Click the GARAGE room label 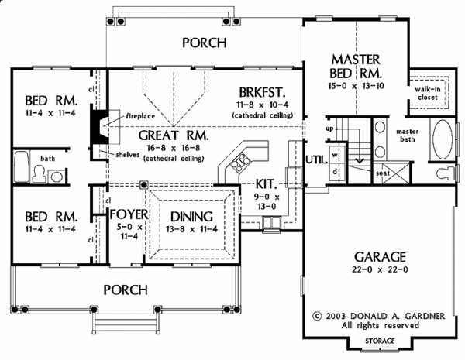(380, 257)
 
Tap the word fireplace (140, 116)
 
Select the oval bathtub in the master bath (443, 139)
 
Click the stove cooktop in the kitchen (240, 163)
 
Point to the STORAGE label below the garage (380, 341)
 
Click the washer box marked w (336, 154)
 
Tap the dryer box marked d (336, 171)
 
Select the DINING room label (191, 217)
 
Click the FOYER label (129, 214)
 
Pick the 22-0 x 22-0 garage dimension (380, 269)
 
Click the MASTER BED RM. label (355, 67)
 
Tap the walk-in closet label (427, 93)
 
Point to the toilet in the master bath (445, 173)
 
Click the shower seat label (383, 173)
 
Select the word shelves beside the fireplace (128, 155)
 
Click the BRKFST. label (262, 92)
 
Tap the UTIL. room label (317, 160)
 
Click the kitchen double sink (271, 222)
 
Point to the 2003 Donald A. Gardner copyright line (379, 316)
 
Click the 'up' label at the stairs (329, 129)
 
